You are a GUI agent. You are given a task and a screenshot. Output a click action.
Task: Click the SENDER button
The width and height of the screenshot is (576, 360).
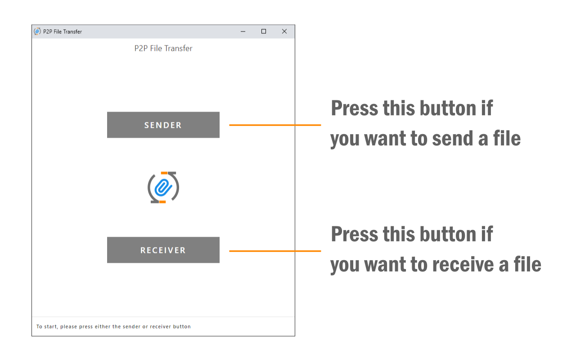tap(163, 125)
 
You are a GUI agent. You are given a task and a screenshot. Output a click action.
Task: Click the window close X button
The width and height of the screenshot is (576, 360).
tap(284, 31)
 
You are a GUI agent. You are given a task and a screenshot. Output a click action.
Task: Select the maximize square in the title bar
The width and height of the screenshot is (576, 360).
tap(264, 31)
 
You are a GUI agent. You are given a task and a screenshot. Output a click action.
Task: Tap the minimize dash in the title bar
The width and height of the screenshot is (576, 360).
tap(243, 31)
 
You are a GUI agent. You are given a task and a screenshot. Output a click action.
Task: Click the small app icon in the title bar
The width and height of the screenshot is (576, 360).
tap(37, 31)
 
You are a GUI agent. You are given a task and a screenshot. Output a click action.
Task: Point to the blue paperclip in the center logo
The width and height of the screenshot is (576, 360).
tap(163, 188)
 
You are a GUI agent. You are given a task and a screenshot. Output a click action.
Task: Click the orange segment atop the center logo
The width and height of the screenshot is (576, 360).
tap(164, 173)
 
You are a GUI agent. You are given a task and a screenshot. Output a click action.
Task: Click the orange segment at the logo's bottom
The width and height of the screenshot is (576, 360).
tap(162, 202)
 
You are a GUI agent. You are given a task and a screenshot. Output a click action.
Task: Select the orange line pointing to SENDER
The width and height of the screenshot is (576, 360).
tap(275, 125)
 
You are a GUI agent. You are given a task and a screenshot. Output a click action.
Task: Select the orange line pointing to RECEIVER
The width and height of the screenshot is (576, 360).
tap(275, 251)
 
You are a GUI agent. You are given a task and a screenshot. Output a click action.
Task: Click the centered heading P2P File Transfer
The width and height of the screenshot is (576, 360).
tap(163, 48)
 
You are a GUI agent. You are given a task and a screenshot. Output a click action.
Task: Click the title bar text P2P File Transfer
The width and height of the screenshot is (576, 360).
tap(63, 31)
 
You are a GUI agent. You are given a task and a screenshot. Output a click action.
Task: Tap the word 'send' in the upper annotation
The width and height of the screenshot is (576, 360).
tap(452, 139)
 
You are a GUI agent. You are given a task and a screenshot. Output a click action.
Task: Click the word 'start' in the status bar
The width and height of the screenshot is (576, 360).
tap(50, 327)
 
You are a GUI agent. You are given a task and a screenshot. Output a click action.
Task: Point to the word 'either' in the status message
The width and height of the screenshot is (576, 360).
tap(102, 326)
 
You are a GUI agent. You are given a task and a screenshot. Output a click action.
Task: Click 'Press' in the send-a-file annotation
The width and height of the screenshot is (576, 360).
tap(355, 108)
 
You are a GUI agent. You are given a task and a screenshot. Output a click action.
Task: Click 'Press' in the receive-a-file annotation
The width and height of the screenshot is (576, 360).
tap(355, 234)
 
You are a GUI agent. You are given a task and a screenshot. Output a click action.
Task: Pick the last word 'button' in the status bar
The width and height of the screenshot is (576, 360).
tap(182, 326)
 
